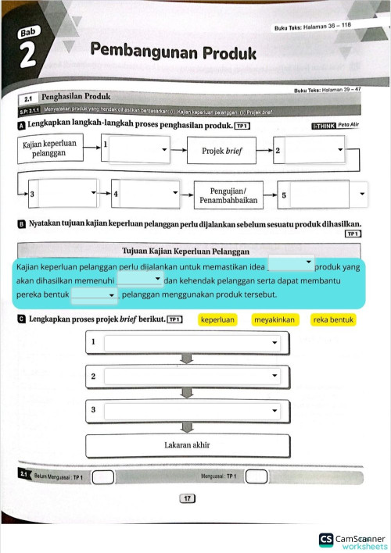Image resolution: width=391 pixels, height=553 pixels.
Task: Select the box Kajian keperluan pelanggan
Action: pyautogui.click(x=50, y=148)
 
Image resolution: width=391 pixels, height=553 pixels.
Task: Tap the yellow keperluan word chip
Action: pyautogui.click(x=217, y=319)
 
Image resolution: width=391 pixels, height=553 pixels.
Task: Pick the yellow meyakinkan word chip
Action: pyautogui.click(x=274, y=319)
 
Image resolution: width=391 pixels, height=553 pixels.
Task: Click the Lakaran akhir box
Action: pyautogui.click(x=187, y=445)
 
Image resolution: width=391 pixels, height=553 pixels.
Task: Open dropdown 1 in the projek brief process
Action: pyautogui.click(x=192, y=342)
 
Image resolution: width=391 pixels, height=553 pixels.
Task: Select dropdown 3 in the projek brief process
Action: pyautogui.click(x=192, y=409)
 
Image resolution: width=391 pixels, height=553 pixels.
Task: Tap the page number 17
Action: pyautogui.click(x=186, y=498)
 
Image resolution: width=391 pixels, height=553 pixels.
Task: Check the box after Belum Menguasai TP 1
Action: pyautogui.click(x=97, y=476)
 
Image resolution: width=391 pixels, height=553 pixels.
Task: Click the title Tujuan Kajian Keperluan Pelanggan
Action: pyautogui.click(x=187, y=252)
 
